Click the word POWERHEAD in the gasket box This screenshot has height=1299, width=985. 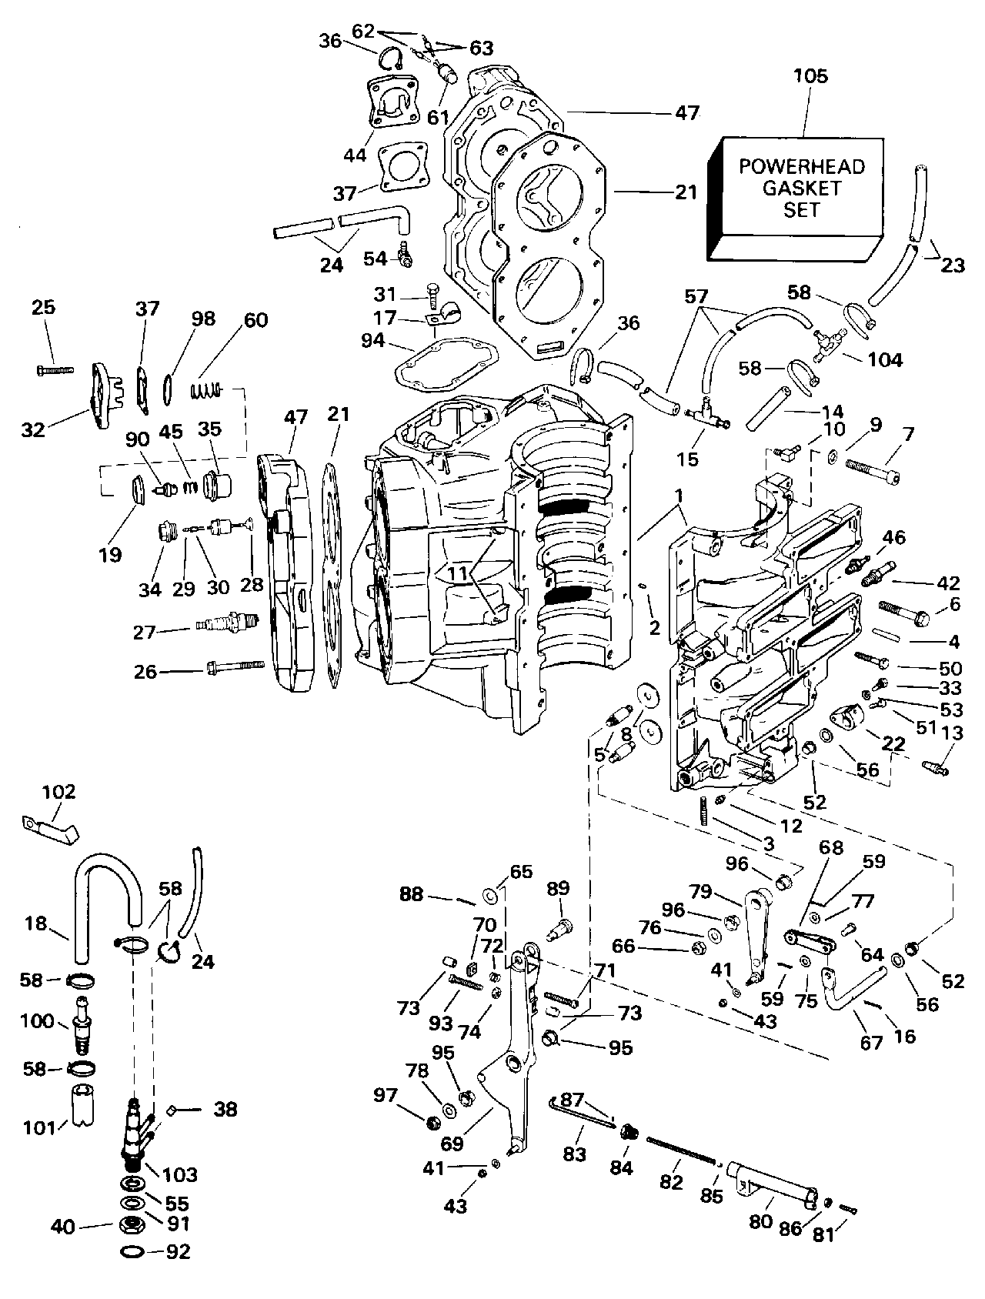802,166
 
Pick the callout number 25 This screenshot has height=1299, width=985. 43,307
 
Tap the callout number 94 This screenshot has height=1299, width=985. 372,339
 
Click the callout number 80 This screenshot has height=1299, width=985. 760,1222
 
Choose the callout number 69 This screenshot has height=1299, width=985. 452,1144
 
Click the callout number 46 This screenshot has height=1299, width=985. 894,537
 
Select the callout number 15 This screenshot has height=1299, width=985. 687,459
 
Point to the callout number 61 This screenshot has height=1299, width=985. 437,117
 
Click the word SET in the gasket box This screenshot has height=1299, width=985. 802,209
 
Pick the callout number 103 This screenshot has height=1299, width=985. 180,1174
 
